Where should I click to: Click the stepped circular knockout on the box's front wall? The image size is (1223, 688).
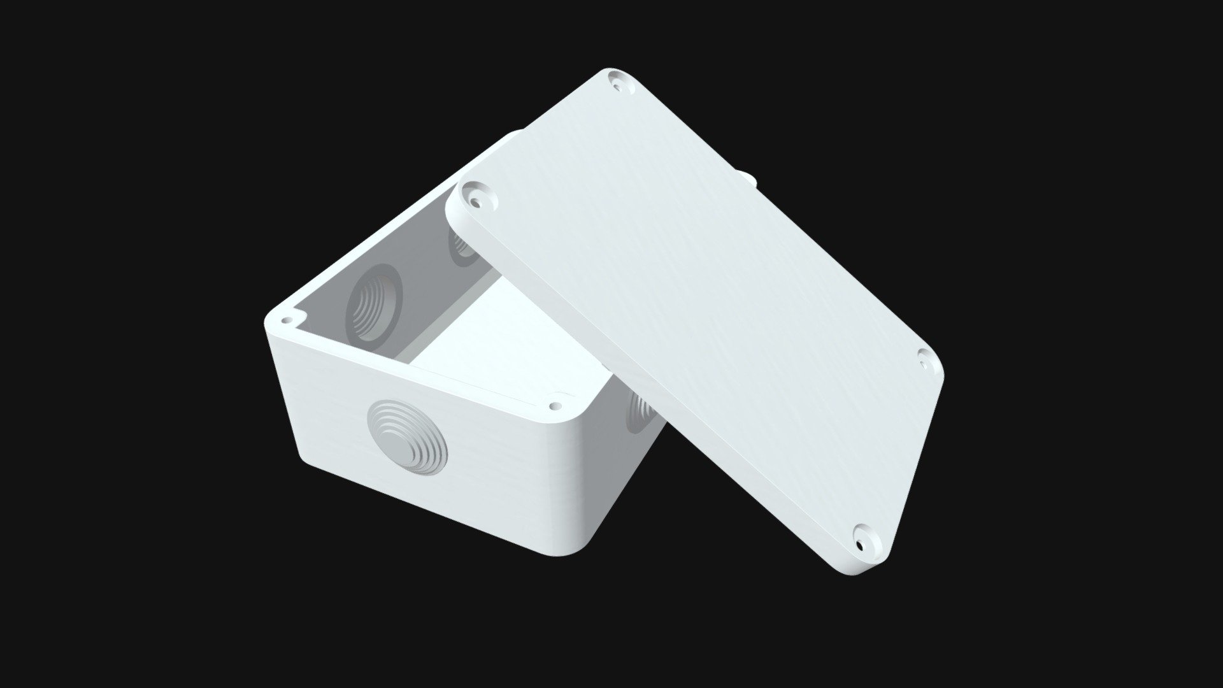click(408, 436)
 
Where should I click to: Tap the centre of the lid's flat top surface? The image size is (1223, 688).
click(694, 306)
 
